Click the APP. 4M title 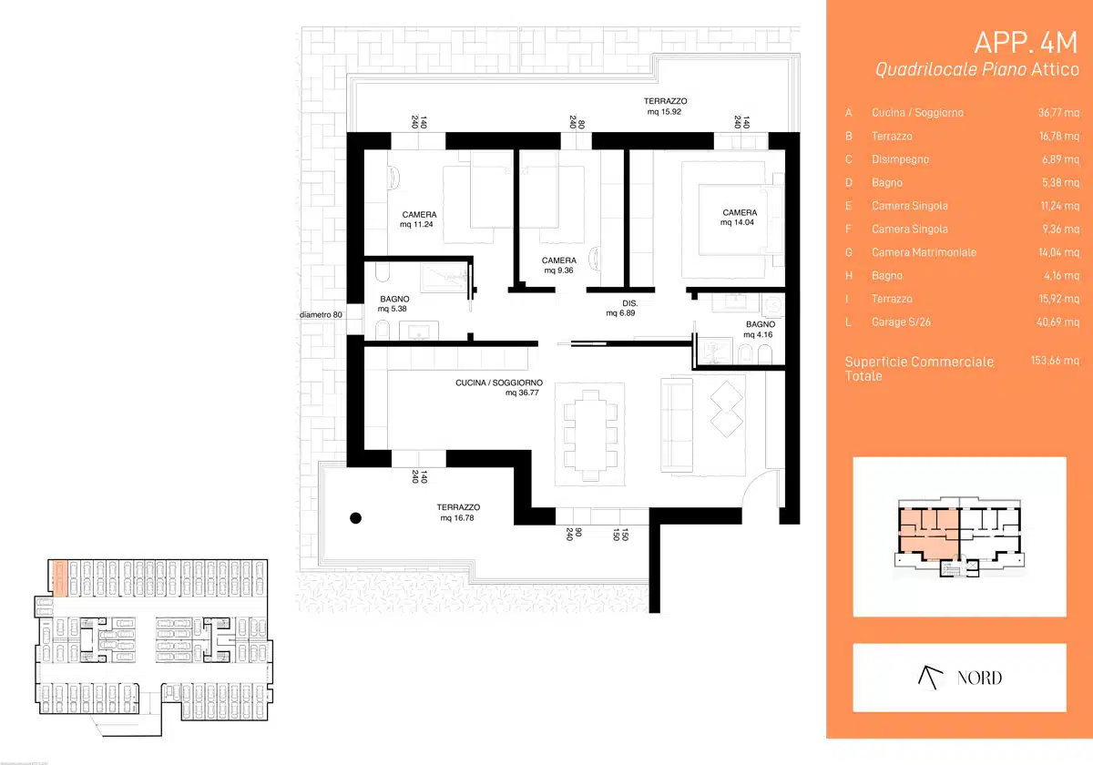[x=1026, y=43]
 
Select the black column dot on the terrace [x=356, y=518]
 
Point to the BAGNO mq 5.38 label [x=393, y=303]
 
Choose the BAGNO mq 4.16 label [x=760, y=330]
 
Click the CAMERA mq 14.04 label [x=739, y=217]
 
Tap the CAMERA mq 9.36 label [x=558, y=265]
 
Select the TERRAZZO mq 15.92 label [x=665, y=107]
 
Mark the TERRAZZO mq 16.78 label [x=458, y=513]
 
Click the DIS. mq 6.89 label [x=621, y=309]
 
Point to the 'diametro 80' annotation [x=321, y=315]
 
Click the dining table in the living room [x=590, y=435]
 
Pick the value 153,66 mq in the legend [x=1055, y=361]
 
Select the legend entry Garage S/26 [x=901, y=322]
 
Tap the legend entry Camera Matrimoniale [x=924, y=252]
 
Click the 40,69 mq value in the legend [x=1057, y=322]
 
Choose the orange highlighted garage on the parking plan [x=59, y=578]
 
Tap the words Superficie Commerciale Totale [x=919, y=369]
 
